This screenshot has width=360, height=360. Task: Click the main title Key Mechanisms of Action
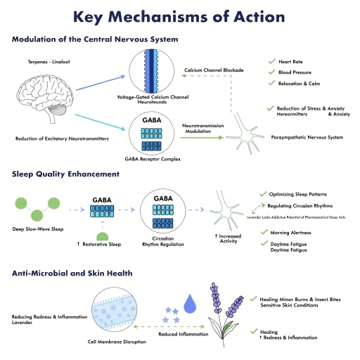(x=179, y=16)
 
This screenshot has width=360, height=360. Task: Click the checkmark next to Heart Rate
(x=271, y=62)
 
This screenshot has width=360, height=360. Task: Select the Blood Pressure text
(x=297, y=72)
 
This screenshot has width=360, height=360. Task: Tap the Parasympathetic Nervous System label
(x=307, y=137)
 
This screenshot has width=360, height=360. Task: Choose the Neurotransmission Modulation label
(x=203, y=127)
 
